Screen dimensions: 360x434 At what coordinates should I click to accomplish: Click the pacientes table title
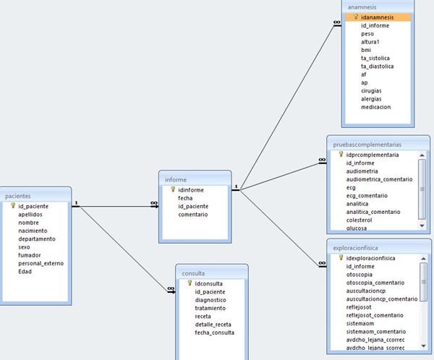18,195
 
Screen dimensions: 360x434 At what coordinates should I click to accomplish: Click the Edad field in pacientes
25,271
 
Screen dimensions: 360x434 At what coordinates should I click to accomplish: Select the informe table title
176,179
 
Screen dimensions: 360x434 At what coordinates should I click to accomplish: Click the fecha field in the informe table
185,197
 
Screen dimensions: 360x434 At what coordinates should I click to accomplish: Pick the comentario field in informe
193,214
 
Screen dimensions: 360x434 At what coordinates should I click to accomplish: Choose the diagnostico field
210,299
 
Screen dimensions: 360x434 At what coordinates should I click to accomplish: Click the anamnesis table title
362,5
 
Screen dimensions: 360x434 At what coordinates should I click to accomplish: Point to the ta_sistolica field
375,58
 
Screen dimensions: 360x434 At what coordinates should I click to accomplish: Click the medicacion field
375,107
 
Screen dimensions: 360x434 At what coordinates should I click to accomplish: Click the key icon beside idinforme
173,189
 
